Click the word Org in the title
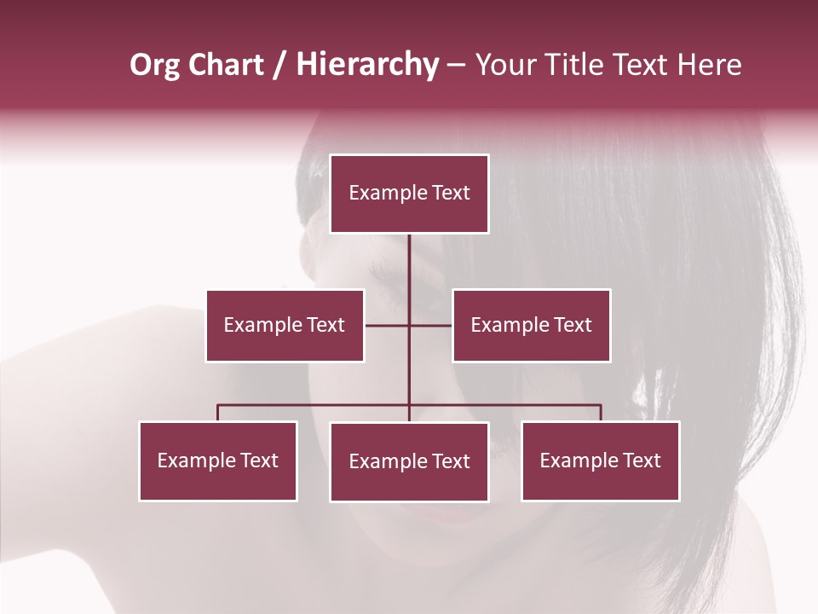[x=154, y=65]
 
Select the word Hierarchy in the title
[x=366, y=65]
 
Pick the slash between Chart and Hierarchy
[x=279, y=65]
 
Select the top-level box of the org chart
[x=409, y=194]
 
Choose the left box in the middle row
[x=285, y=325]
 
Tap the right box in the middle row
[x=531, y=325]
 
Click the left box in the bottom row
[x=218, y=461]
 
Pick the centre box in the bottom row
[x=409, y=461]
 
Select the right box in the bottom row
[x=600, y=461]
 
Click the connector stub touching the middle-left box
[x=386, y=325]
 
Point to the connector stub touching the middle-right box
[x=431, y=325]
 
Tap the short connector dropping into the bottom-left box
[x=218, y=413]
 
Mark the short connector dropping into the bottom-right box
[x=601, y=413]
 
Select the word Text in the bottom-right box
[x=639, y=460]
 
